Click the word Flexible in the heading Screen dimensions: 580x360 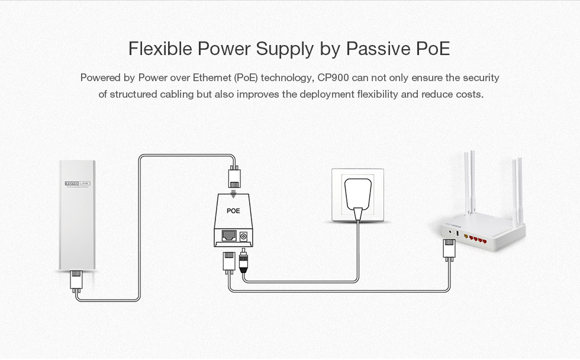click(160, 49)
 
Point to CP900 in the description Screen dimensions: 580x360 click(333, 78)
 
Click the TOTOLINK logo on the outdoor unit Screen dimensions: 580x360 click(78, 183)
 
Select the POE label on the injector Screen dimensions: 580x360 click(233, 211)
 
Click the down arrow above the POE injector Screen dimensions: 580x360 click(233, 194)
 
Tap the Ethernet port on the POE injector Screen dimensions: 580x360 click(229, 236)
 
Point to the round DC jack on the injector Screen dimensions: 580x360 click(243, 236)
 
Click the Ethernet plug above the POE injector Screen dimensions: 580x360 click(234, 177)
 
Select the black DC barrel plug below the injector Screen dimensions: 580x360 click(243, 262)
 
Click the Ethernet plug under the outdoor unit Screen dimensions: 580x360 click(76, 280)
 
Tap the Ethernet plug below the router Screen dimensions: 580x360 click(449, 249)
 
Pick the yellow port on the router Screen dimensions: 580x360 click(466, 236)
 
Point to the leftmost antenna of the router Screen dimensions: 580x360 click(467, 183)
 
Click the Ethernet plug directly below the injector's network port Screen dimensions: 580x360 click(228, 262)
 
